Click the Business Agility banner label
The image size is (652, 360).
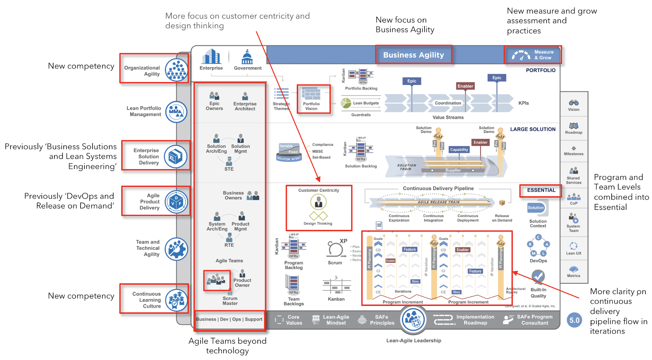413,55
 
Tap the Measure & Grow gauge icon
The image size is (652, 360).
521,55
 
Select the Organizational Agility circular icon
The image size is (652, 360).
176,70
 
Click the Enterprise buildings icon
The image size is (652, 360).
211,56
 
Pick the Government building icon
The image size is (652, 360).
247,57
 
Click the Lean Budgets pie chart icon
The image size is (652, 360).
346,103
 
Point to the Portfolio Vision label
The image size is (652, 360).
311,106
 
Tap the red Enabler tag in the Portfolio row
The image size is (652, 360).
465,86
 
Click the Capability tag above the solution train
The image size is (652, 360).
459,150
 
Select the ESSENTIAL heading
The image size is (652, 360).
541,190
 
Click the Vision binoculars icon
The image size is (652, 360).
574,103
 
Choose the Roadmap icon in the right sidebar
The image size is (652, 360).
574,126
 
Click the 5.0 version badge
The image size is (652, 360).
574,320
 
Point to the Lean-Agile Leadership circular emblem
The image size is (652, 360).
414,320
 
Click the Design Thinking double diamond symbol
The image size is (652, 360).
318,216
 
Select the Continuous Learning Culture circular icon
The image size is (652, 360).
176,300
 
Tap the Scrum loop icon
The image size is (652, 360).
335,249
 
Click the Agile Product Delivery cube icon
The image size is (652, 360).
176,202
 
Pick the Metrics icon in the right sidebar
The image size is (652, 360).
574,269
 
